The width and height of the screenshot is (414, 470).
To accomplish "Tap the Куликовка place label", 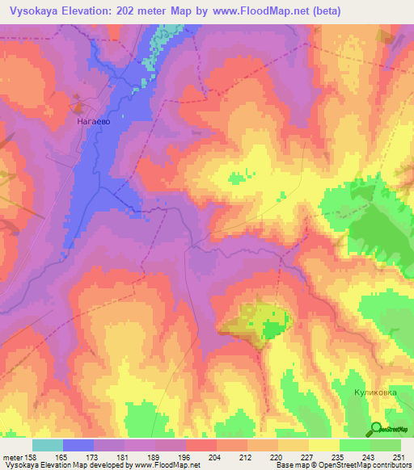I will (375, 392).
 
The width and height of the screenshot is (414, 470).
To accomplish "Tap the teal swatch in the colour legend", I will (48, 445).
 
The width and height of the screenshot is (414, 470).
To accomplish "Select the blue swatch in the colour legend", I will (78, 445).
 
